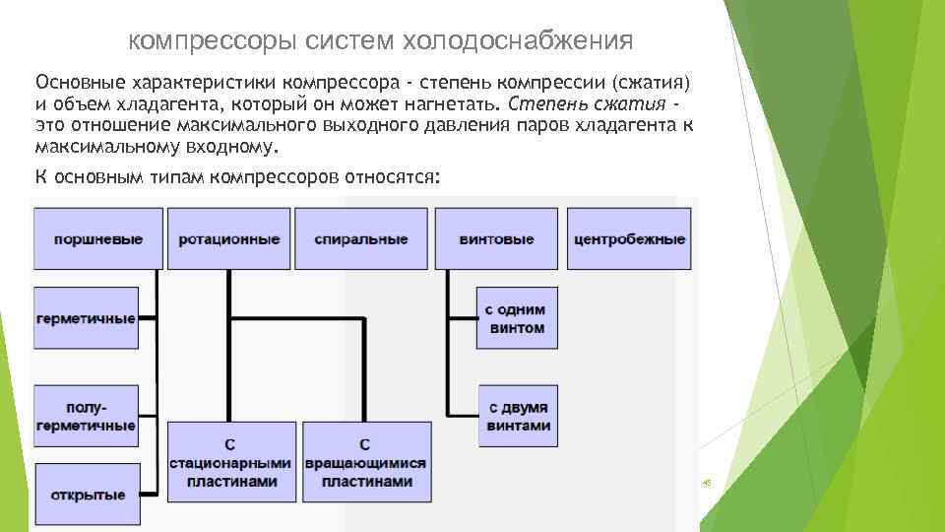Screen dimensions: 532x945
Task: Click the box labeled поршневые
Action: coord(97,238)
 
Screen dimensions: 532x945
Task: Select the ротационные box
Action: coord(229,238)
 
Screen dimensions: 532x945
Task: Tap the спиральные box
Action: coord(361,238)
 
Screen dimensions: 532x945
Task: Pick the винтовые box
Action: coord(496,238)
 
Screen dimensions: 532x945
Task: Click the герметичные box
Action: coord(85,318)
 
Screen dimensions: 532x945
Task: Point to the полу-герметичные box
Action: coord(85,417)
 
